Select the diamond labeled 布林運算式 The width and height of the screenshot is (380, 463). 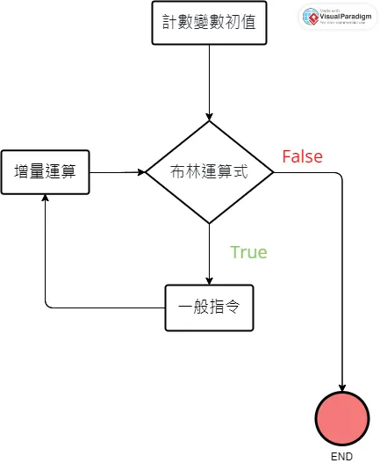point(210,172)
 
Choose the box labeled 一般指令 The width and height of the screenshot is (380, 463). point(210,308)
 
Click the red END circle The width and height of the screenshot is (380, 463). point(342,418)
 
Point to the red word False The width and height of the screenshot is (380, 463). point(302,156)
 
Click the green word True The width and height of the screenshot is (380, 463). point(248,252)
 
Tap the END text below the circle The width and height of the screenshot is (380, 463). point(342,456)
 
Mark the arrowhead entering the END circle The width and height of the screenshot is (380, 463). point(342,387)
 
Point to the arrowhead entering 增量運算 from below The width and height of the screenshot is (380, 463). point(45,198)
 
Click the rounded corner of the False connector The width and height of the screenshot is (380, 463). point(339,177)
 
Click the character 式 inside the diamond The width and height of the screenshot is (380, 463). point(241,172)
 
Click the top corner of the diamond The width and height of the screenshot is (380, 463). point(210,122)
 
